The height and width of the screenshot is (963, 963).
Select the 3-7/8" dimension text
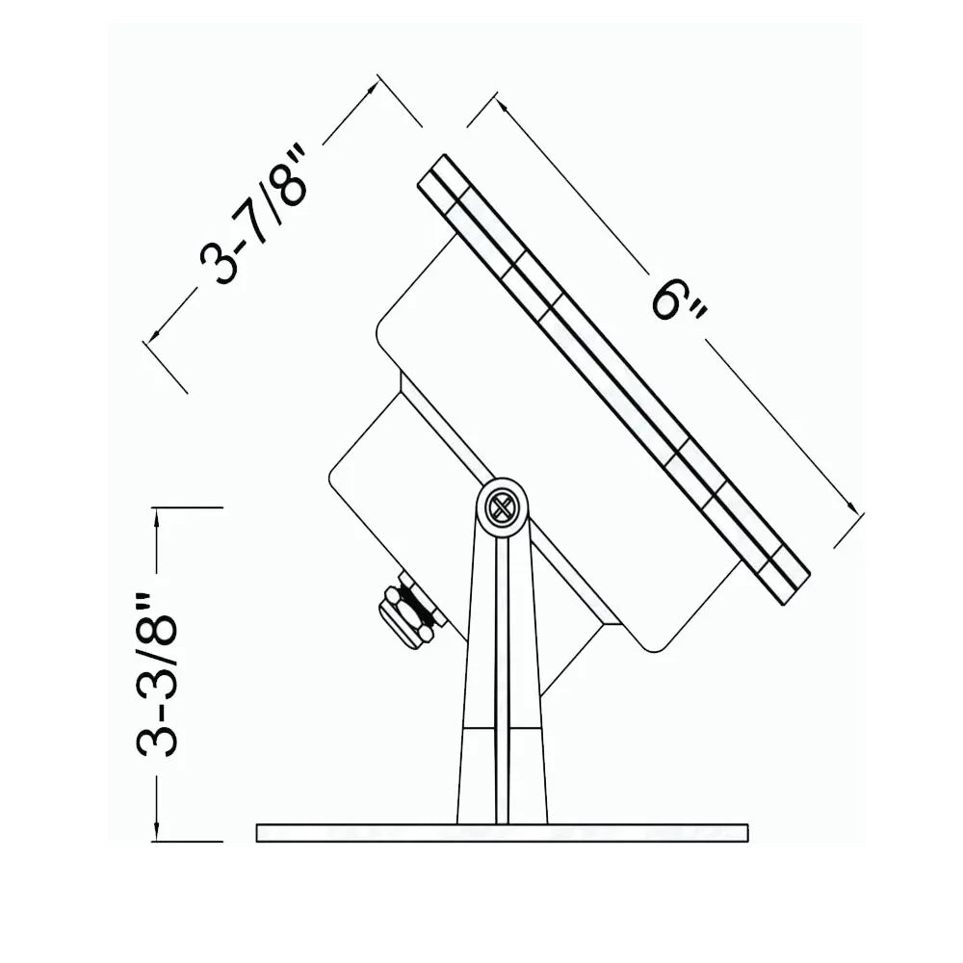[x=253, y=215]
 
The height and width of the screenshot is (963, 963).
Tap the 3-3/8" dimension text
[x=157, y=674]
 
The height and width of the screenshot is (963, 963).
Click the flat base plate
[x=502, y=832]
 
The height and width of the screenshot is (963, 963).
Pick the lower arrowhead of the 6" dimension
[x=851, y=506]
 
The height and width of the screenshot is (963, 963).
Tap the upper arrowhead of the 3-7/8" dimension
[x=371, y=88]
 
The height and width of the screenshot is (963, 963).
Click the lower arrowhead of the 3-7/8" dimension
[x=153, y=334]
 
